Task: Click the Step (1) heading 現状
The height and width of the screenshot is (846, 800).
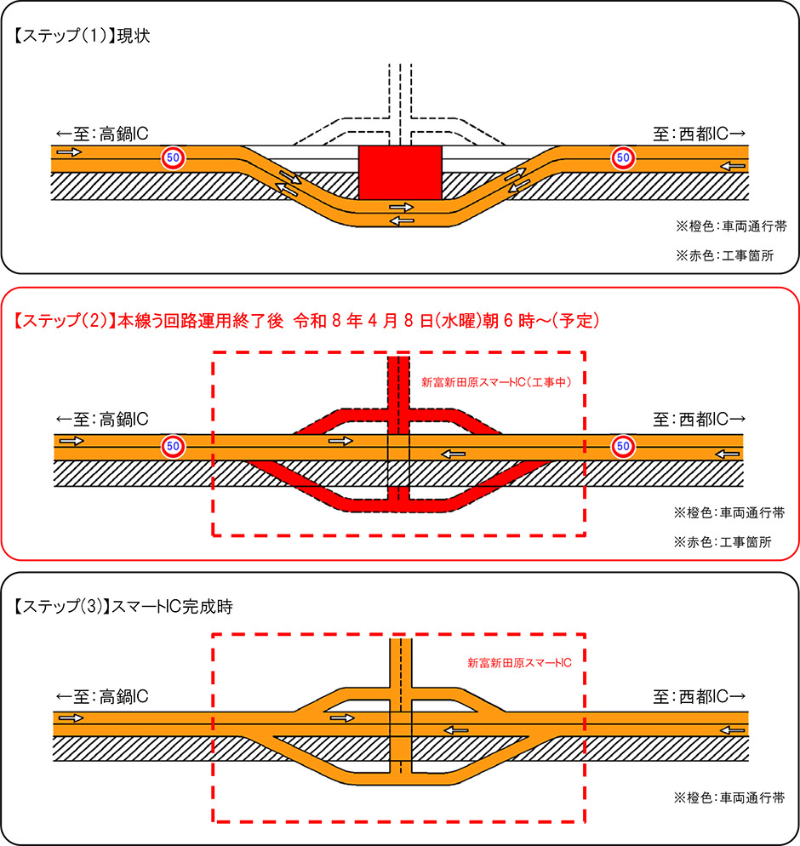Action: click(82, 37)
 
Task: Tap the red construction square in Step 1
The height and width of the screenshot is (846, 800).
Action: click(400, 173)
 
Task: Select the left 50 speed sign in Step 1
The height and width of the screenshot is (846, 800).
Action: click(173, 157)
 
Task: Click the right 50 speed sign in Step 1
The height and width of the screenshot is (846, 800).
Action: click(623, 157)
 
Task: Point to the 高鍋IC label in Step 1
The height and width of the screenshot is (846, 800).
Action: click(102, 134)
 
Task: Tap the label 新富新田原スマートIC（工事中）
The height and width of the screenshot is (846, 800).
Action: click(495, 382)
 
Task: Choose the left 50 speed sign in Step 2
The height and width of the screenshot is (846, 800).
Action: click(173, 444)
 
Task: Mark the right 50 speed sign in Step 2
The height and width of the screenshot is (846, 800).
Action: click(623, 444)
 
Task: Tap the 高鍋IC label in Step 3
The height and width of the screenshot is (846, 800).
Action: click(102, 696)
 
